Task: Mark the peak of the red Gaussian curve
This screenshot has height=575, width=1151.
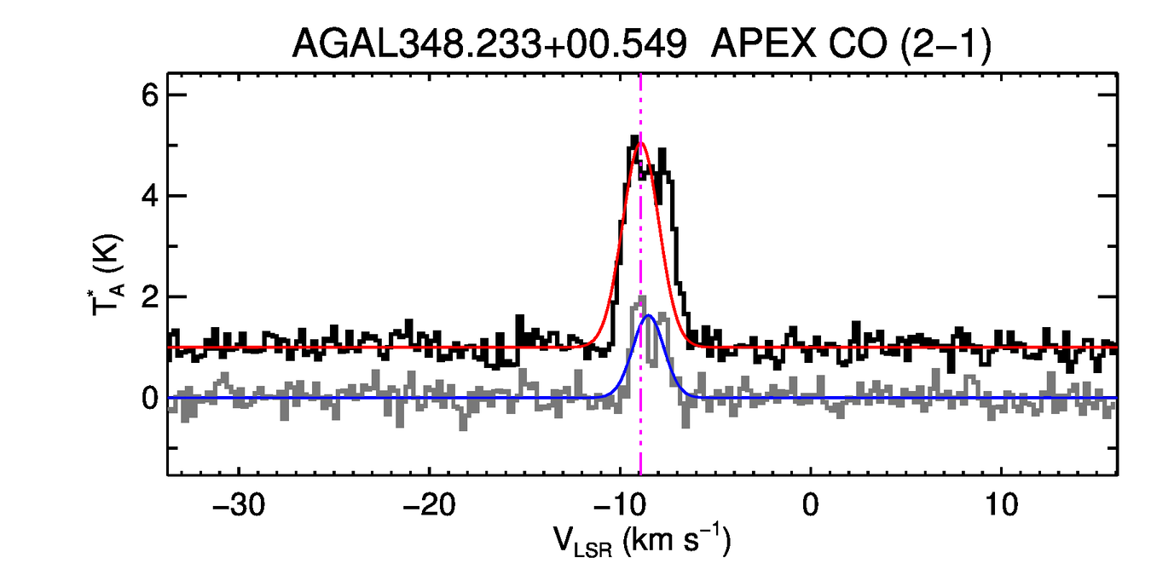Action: pyautogui.click(x=640, y=142)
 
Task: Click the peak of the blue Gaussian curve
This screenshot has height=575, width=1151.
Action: pyautogui.click(x=650, y=315)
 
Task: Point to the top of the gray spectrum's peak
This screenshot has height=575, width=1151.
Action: pyautogui.click(x=641, y=297)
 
